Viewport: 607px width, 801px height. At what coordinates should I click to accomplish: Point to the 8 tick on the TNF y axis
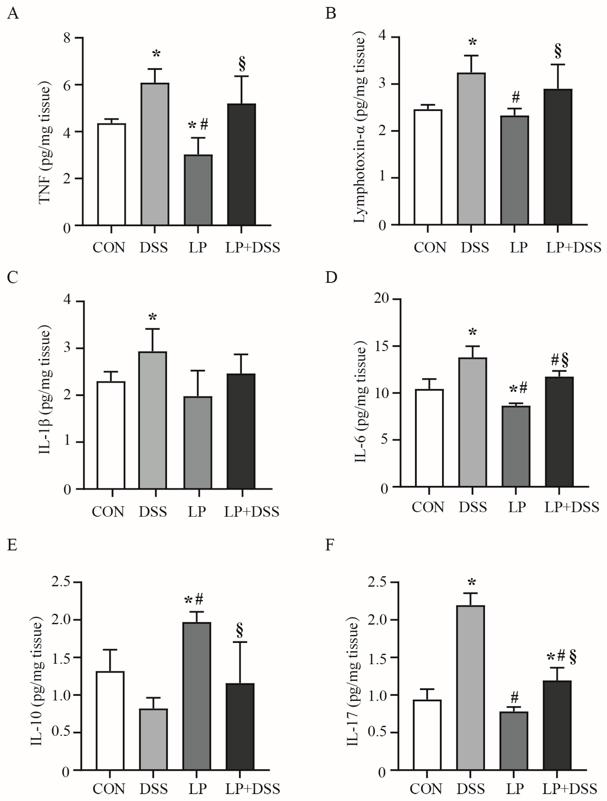pyautogui.click(x=67, y=38)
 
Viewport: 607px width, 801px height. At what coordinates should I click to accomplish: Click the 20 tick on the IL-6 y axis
pyautogui.click(x=382, y=298)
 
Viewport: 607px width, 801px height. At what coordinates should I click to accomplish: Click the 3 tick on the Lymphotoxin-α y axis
pyautogui.click(x=383, y=84)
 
